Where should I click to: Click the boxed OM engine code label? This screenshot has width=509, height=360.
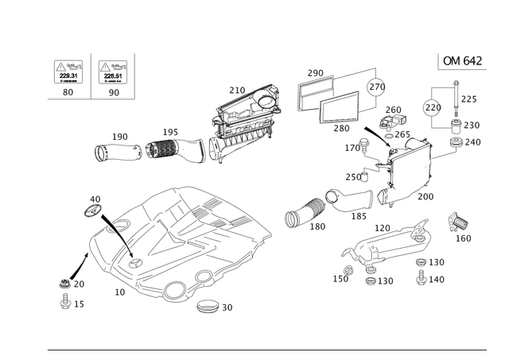[x=460, y=60]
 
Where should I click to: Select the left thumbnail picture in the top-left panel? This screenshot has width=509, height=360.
[x=67, y=73]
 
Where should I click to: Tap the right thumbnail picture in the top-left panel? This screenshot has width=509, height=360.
[x=112, y=73]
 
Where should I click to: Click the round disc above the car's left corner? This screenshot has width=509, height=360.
[x=91, y=208]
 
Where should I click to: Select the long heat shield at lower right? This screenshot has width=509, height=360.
[x=390, y=242]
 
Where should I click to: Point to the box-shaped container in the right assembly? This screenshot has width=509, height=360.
[x=406, y=163]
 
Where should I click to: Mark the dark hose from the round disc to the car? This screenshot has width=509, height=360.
[x=111, y=226]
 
